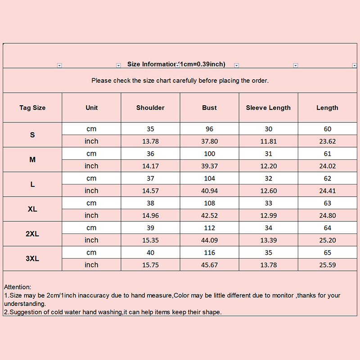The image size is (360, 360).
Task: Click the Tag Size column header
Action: click(32, 108)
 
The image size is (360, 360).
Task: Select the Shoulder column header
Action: click(150, 108)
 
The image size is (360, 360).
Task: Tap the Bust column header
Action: click(209, 108)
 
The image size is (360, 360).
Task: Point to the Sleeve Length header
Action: click(268, 108)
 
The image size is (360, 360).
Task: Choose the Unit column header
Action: click(91, 108)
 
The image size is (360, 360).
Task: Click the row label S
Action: click(32, 135)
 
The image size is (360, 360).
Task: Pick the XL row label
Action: click(32, 209)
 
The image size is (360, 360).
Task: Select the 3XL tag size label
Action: click(32, 259)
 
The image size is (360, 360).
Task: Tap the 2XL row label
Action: click(32, 234)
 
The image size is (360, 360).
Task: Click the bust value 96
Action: click(209, 129)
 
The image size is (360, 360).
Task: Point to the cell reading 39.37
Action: click(209, 166)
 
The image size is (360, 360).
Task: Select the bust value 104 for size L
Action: click(209, 179)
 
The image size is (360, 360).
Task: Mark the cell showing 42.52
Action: click(209, 216)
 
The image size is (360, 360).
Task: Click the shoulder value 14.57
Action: click(150, 191)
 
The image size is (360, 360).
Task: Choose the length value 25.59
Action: click(327, 265)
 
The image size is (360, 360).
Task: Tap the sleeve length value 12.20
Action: click(268, 166)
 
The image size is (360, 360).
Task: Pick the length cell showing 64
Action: click(327, 228)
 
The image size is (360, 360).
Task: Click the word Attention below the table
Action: click(18, 287)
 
